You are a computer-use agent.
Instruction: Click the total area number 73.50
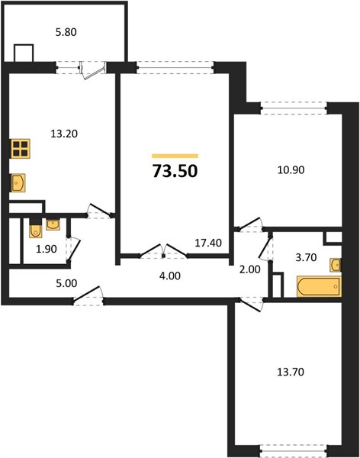click(x=175, y=171)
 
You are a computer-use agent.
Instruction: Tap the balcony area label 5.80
click(x=66, y=32)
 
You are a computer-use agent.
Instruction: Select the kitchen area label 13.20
click(x=64, y=134)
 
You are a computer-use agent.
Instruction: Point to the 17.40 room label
click(x=208, y=243)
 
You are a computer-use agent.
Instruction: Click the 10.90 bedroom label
click(x=291, y=169)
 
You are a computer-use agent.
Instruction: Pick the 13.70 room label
click(x=291, y=372)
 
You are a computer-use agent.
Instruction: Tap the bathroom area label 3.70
click(x=306, y=257)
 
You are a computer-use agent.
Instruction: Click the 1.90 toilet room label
click(x=47, y=249)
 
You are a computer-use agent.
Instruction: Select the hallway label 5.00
click(x=66, y=283)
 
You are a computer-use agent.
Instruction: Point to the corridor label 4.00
click(x=170, y=276)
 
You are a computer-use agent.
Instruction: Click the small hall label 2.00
click(x=250, y=269)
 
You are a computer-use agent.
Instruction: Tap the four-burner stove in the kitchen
click(x=21, y=149)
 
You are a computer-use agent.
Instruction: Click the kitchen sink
click(x=18, y=183)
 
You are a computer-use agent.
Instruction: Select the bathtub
click(x=319, y=286)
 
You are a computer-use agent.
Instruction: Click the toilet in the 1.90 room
click(x=36, y=230)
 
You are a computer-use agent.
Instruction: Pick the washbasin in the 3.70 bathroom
click(x=336, y=265)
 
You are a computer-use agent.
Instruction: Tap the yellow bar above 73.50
click(x=175, y=156)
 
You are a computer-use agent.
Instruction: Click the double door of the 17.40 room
click(x=163, y=251)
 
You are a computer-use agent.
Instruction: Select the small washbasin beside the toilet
click(x=53, y=224)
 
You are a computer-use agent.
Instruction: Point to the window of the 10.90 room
click(x=294, y=108)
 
